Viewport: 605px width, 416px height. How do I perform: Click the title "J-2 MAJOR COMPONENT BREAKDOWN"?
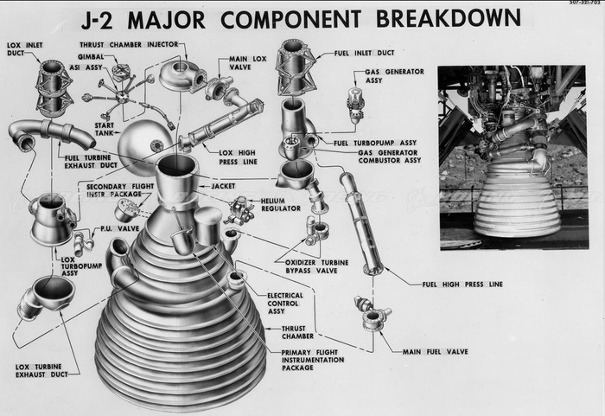click(302, 18)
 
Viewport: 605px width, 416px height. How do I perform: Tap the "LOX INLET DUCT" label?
click(25, 49)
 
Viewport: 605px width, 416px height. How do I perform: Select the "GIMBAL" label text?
click(91, 57)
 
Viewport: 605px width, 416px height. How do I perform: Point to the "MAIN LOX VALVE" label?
click(248, 63)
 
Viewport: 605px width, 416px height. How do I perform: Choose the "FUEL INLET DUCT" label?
click(364, 53)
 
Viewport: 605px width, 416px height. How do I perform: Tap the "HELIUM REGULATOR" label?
click(281, 205)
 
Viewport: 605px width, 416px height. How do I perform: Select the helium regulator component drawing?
click(241, 211)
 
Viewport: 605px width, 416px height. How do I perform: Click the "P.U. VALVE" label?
click(119, 228)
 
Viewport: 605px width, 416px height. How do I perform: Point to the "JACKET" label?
click(223, 186)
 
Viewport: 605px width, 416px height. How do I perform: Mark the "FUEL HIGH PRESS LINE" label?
click(462, 285)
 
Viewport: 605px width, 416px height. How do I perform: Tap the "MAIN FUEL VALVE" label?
click(436, 352)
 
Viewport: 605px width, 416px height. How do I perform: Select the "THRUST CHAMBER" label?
click(297, 332)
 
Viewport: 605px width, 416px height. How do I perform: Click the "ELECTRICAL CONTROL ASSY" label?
click(285, 304)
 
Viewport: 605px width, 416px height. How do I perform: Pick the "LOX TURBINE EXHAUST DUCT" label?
click(41, 370)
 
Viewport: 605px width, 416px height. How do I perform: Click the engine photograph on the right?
click(513, 157)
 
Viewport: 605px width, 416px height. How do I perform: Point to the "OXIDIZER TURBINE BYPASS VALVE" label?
click(317, 266)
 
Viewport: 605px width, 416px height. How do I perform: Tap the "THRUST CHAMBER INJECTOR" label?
click(129, 45)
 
